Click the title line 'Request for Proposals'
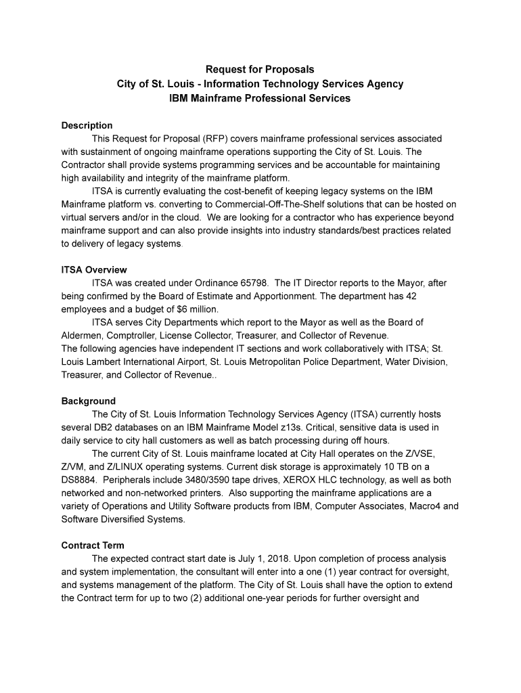(260, 70)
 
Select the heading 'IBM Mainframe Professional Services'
(260, 98)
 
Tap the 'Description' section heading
(87, 125)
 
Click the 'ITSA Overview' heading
(94, 270)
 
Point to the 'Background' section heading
(88, 401)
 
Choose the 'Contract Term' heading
(93, 545)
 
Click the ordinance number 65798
(250, 283)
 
